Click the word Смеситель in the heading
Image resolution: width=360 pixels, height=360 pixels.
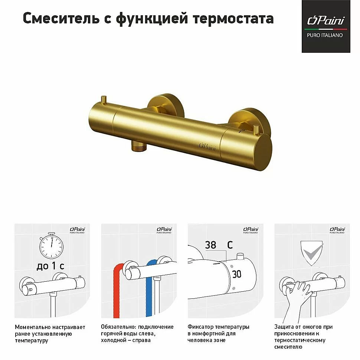tap(61, 18)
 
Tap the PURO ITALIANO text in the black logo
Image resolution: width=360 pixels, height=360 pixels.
tap(325, 35)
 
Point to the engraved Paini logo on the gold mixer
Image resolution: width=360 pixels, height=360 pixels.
tap(207, 146)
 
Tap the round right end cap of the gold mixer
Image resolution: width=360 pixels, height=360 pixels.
tap(263, 152)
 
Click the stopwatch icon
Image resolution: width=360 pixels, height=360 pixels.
tap(51, 246)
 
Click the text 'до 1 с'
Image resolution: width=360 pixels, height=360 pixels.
tap(50, 266)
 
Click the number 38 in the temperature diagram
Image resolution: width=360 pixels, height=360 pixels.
tap(210, 245)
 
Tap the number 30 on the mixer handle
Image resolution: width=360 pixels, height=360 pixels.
tap(237, 274)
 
